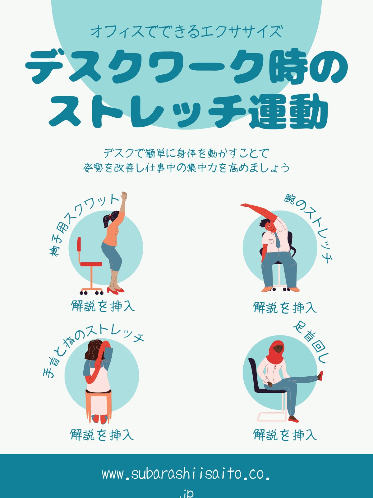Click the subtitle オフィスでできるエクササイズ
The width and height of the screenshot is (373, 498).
tap(186, 31)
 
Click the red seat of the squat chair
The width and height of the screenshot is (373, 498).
tap(91, 264)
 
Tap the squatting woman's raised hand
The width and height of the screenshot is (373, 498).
tap(124, 195)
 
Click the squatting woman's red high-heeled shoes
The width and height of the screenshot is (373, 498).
tap(116, 290)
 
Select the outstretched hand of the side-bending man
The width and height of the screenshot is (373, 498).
tap(245, 205)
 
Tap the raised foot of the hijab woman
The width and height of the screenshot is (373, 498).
tap(320, 375)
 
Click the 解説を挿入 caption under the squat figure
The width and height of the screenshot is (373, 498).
tap(103, 306)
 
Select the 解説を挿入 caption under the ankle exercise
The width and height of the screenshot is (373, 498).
tap(285, 435)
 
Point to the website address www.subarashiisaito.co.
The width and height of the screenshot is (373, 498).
tap(186, 474)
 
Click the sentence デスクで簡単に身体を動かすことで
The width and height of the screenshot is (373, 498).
tap(186, 153)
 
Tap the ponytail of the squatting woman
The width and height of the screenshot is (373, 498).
tap(106, 220)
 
